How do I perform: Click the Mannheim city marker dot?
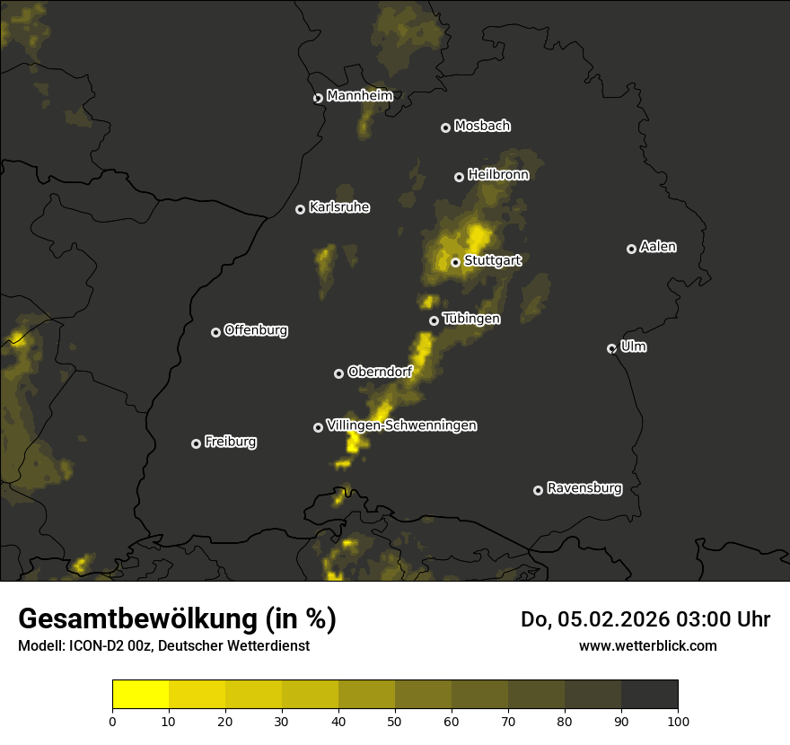[318, 99]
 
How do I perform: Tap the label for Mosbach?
[482, 127]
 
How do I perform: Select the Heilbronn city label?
[498, 175]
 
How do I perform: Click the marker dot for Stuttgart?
[456, 263]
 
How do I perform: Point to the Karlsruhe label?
[339, 207]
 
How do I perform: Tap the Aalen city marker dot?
[632, 249]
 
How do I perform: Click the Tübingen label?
[471, 319]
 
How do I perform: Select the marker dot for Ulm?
[612, 348]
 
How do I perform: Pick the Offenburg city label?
[256, 330]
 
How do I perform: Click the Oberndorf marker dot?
[339, 373]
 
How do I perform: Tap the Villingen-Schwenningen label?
[401, 425]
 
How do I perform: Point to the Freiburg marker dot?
[197, 443]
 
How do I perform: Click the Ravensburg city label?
[584, 488]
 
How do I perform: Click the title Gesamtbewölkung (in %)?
[177, 619]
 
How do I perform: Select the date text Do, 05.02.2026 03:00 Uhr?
[645, 619]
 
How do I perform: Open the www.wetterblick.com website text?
[648, 645]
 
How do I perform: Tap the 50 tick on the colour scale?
[395, 721]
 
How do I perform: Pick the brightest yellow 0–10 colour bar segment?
[141, 695]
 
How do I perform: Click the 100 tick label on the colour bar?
[678, 721]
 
